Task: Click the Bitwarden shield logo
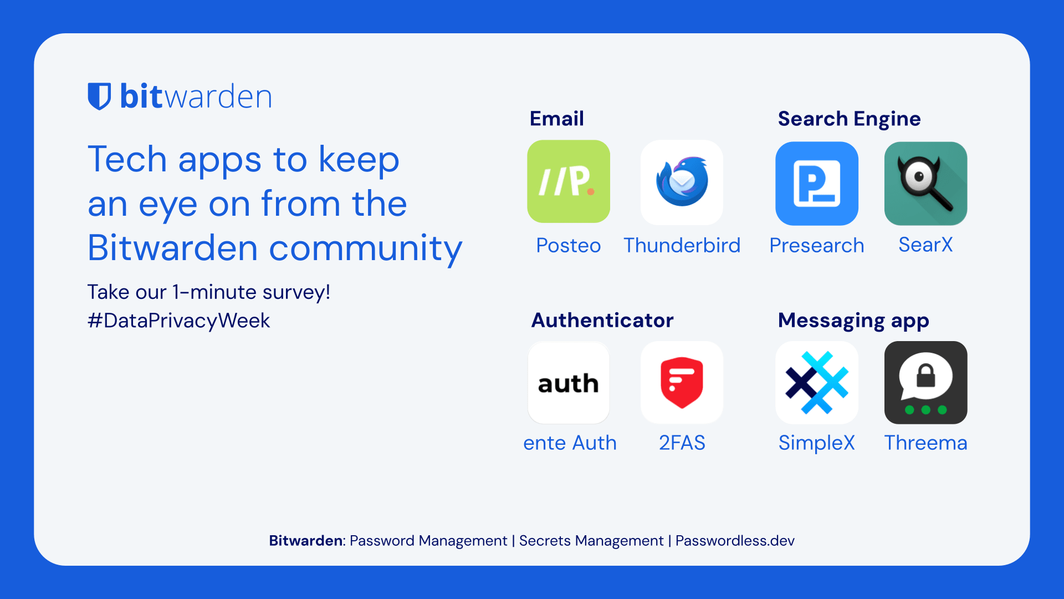99,97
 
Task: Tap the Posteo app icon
569,181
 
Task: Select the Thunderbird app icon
682,182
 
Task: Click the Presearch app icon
817,184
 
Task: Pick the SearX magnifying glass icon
926,184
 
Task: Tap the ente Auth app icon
569,383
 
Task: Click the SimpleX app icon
817,383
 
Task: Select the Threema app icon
926,383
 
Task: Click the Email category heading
557,119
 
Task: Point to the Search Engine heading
849,119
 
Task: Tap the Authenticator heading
602,321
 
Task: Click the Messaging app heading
853,321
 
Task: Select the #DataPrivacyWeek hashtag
178,321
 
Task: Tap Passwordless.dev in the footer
735,541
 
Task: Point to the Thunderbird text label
682,245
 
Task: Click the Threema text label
925,443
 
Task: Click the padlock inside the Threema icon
925,375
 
